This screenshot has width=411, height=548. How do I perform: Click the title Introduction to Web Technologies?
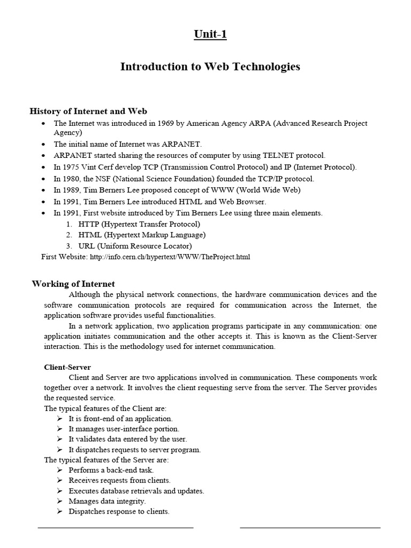[210, 67]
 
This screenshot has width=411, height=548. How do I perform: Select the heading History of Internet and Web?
[88, 111]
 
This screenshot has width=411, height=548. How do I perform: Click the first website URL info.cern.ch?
[170, 257]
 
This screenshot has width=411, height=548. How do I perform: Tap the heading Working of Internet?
[73, 284]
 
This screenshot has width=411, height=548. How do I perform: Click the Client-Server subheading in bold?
[67, 367]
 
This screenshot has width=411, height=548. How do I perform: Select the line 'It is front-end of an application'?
[120, 418]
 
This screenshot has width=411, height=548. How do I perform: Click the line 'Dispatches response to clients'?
[119, 512]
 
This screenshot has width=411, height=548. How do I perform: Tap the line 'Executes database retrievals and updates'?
[136, 491]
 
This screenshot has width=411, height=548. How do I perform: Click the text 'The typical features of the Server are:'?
[106, 460]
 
